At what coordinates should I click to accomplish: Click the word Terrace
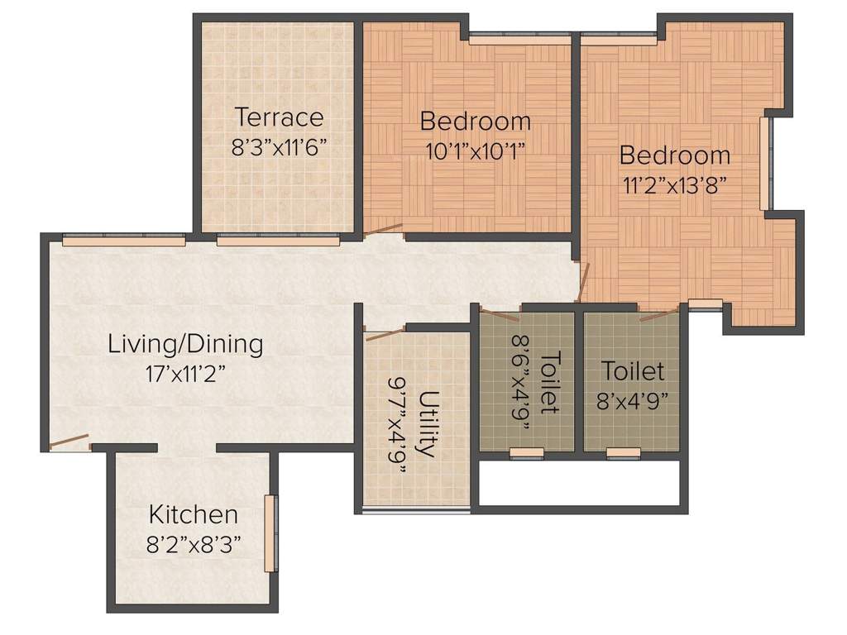278,117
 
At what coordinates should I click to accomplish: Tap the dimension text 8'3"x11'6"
280,147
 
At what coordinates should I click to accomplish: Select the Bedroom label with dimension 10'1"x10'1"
475,122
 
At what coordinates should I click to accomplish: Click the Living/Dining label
185,343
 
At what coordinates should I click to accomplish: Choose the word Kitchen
194,514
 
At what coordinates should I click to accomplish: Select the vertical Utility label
427,424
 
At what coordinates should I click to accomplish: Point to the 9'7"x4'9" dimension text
398,424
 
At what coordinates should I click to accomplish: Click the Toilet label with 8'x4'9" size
633,370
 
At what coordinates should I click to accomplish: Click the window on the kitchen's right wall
270,533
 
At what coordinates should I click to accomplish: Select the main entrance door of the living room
69,442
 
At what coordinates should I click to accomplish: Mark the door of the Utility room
384,334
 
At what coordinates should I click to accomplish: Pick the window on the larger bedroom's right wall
764,164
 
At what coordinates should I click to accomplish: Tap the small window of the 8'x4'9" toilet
624,452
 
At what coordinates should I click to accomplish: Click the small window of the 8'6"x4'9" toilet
526,452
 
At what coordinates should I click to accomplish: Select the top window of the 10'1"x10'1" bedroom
519,39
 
